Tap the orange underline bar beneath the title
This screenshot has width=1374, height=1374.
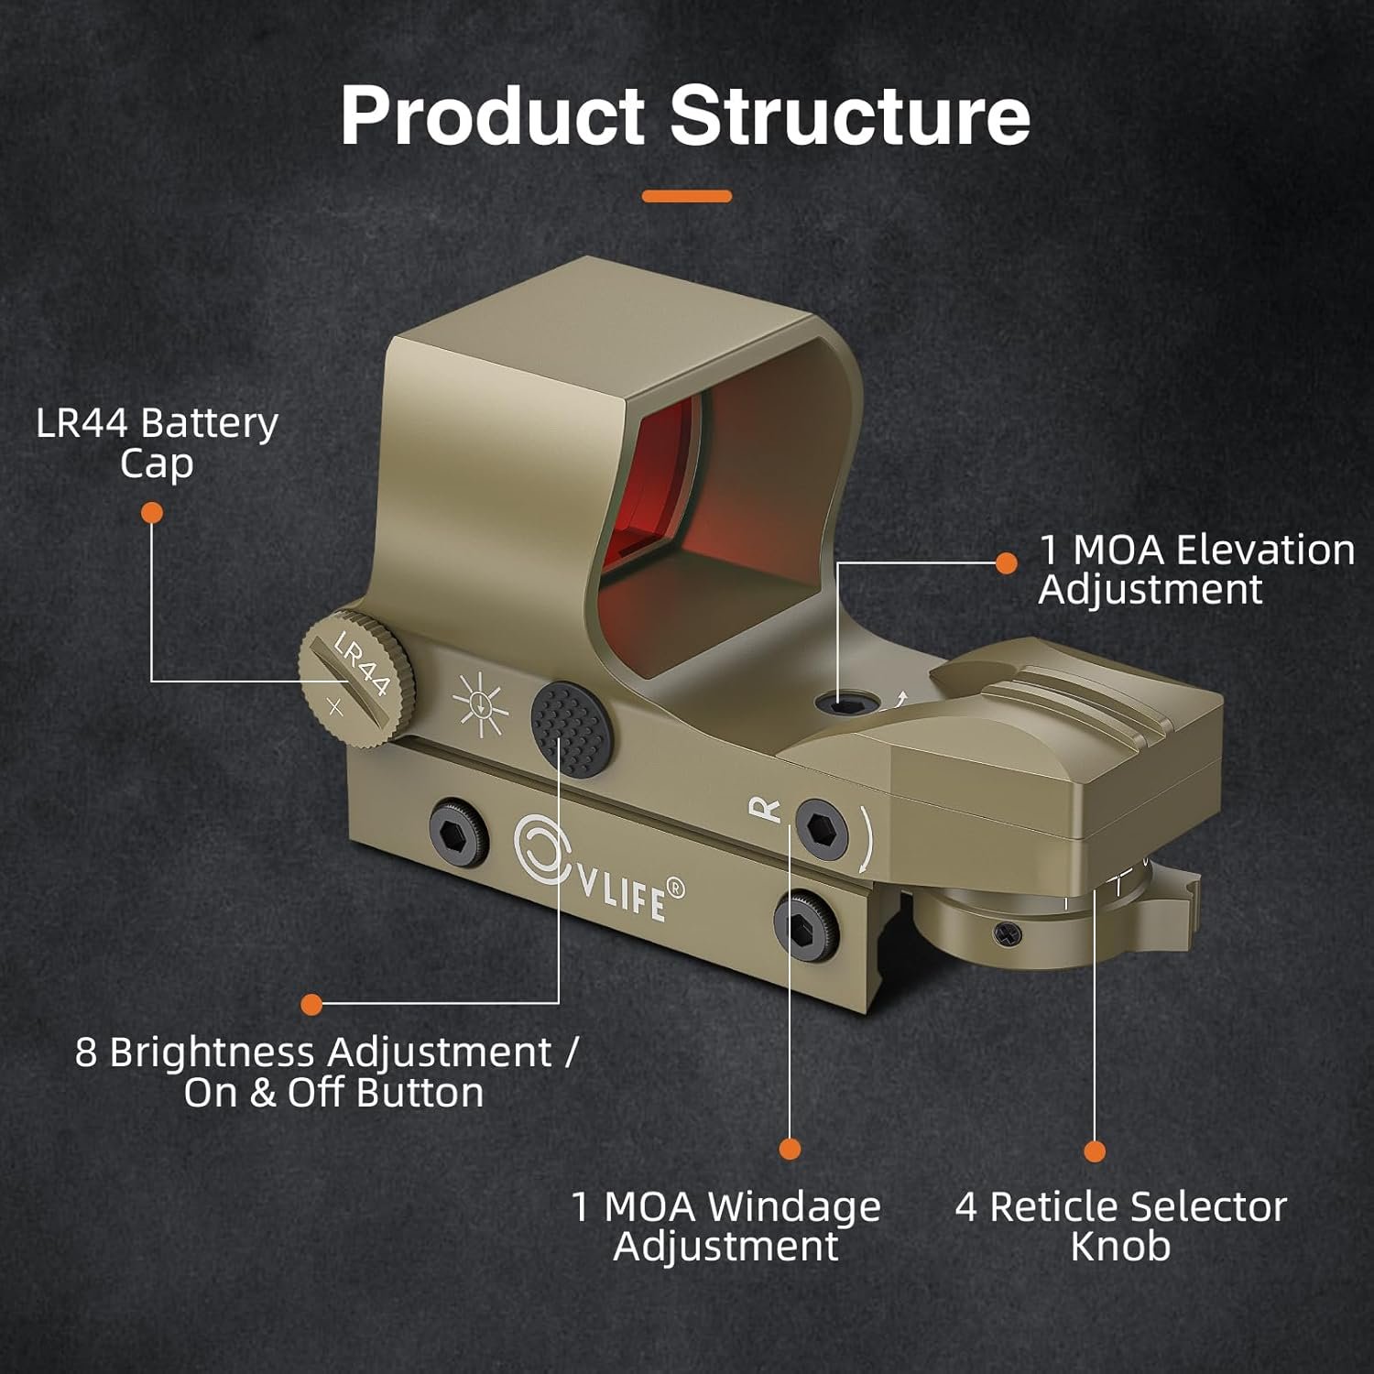[686, 196]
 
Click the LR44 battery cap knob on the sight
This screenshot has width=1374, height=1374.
[355, 679]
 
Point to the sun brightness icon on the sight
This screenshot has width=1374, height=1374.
[481, 704]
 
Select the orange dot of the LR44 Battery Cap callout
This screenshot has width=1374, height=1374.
[152, 513]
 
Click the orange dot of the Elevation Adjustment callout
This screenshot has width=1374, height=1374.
[1006, 563]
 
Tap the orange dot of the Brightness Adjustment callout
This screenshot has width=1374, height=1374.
[311, 1005]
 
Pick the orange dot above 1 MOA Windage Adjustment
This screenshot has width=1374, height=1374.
[790, 1149]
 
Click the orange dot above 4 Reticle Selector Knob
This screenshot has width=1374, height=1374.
[1095, 1151]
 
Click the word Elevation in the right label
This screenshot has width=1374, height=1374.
[1265, 551]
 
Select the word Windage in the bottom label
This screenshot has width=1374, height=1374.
[794, 1206]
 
